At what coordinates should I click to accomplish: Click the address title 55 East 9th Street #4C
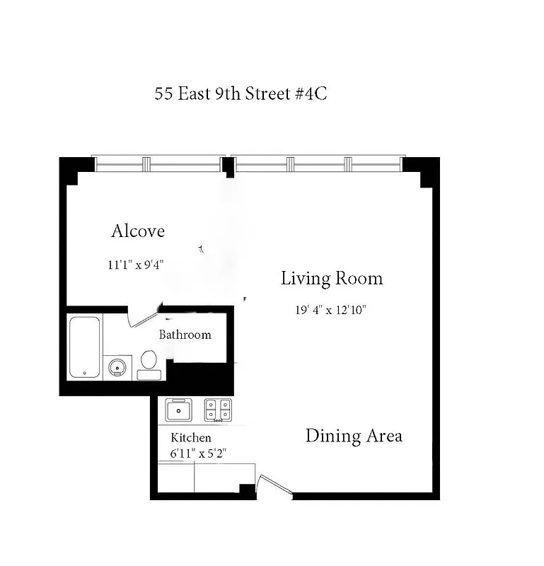click(241, 94)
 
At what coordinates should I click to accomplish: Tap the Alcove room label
click(138, 231)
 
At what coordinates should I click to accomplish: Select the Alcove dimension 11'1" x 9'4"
click(137, 265)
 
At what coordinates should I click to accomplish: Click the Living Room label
click(332, 278)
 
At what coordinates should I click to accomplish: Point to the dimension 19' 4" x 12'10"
click(330, 310)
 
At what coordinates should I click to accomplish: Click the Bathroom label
click(185, 335)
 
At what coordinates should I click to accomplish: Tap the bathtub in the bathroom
click(86, 347)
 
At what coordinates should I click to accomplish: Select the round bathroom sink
click(117, 367)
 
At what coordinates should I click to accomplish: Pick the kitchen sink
click(179, 410)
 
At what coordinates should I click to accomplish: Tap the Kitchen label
click(191, 439)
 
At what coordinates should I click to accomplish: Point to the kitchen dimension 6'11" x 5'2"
click(198, 453)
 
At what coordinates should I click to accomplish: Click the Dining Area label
click(354, 436)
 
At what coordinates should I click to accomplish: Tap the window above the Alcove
click(159, 164)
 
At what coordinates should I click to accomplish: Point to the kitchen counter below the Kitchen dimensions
click(206, 476)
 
